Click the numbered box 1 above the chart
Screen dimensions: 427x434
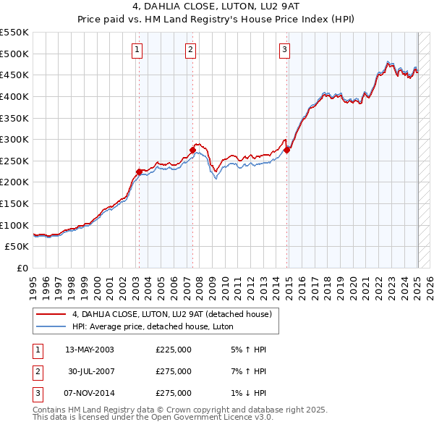coord(137,50)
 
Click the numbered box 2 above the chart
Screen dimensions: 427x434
coord(190,50)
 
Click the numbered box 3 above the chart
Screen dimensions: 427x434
coord(284,50)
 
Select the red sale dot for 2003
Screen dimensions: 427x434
coord(140,172)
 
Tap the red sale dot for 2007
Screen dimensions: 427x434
coord(193,150)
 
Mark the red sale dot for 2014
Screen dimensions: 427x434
coord(287,150)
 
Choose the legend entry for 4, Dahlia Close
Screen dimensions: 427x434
coord(171,314)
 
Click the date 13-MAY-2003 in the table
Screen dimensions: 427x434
coord(90,350)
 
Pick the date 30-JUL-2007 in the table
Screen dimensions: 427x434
coord(90,371)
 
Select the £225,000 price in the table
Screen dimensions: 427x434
coord(174,350)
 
